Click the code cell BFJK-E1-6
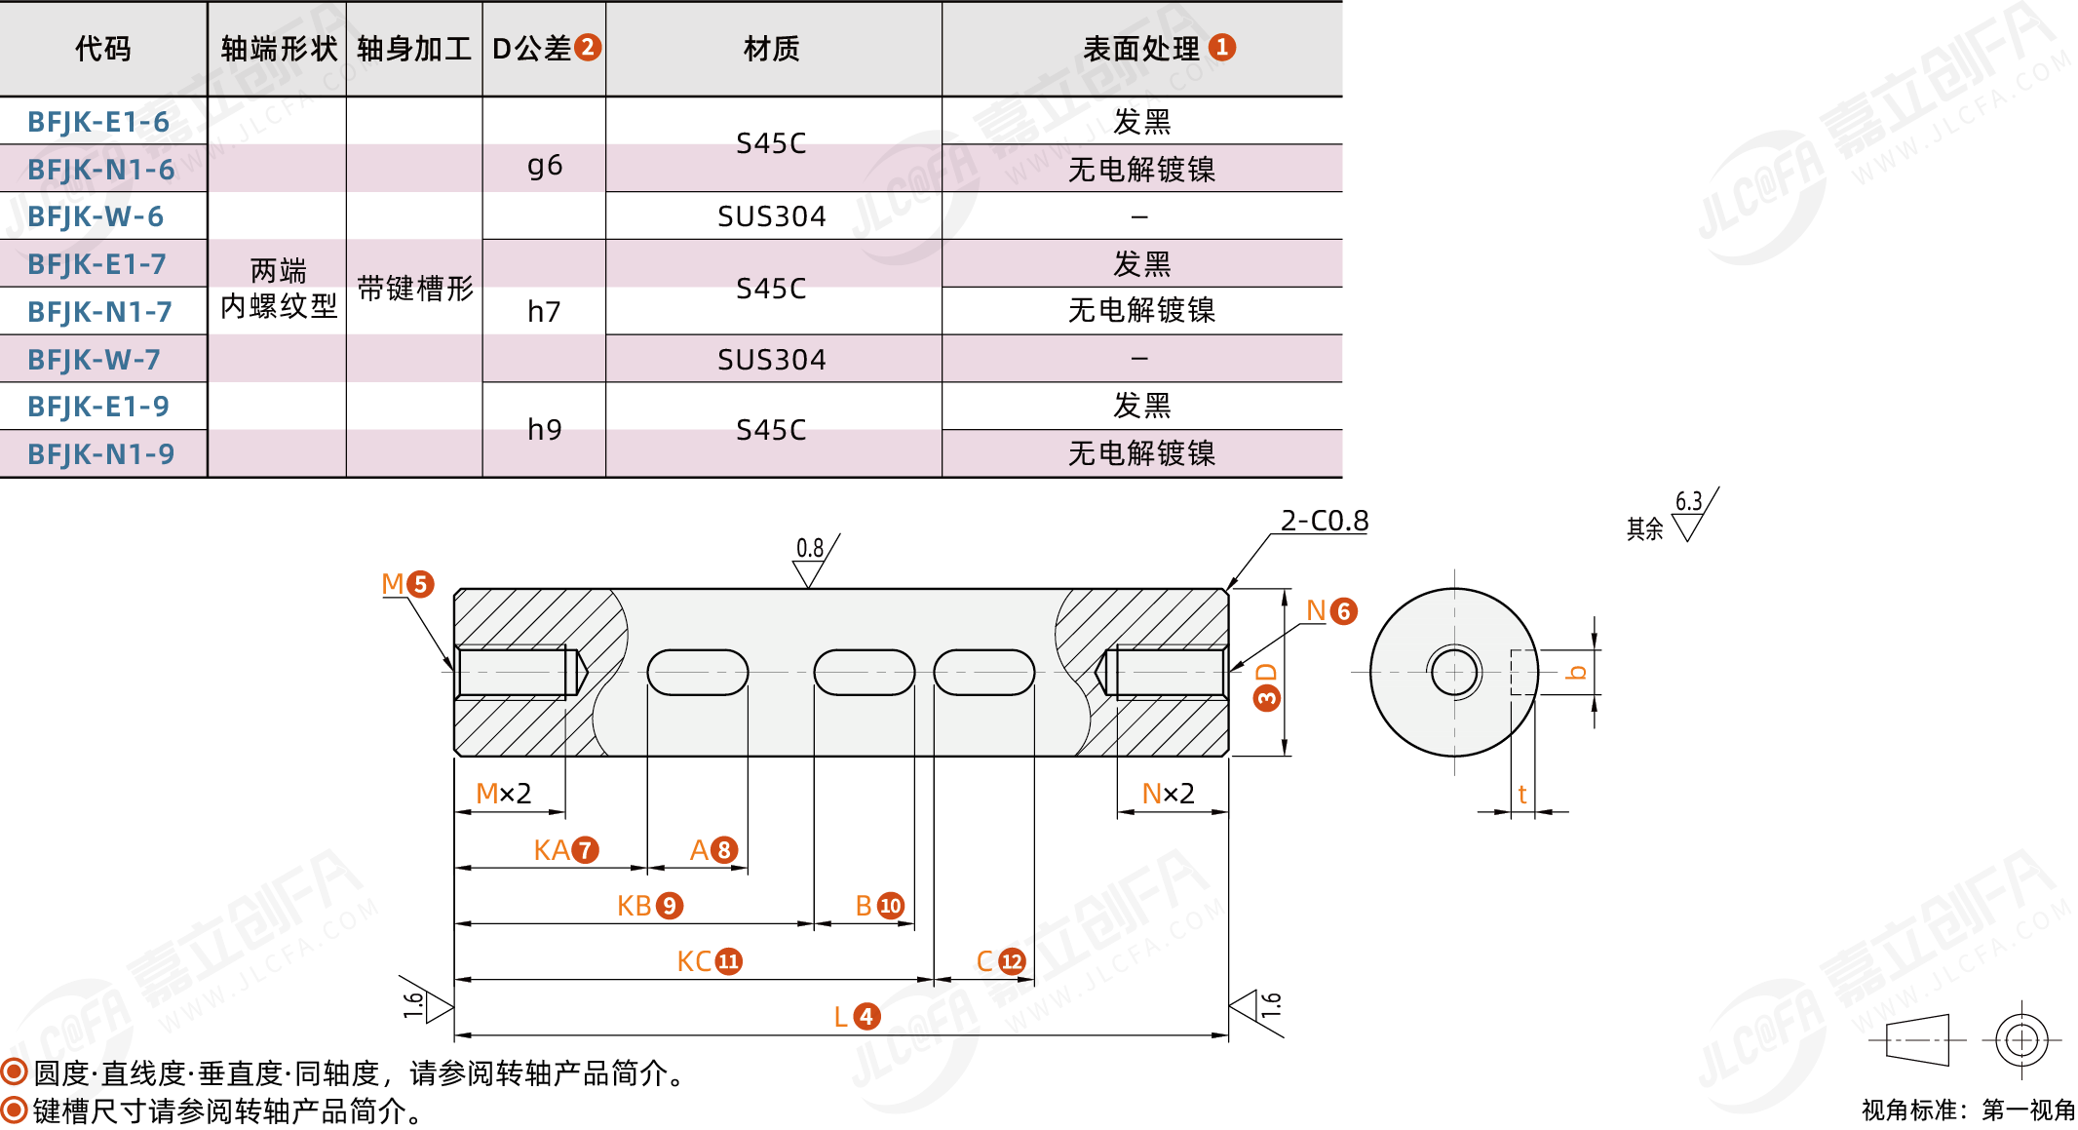tap(98, 122)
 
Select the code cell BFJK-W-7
tap(94, 360)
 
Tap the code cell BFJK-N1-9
tap(100, 454)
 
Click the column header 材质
tap(771, 49)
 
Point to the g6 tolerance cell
tap(544, 166)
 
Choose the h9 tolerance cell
tap(544, 430)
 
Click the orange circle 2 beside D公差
tap(588, 48)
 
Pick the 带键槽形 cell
tap(414, 289)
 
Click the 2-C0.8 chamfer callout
tap(1324, 521)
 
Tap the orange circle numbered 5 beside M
tap(420, 584)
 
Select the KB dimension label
tap(635, 906)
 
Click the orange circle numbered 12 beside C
tap(1012, 961)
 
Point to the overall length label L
tap(841, 1017)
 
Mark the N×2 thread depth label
tap(1168, 794)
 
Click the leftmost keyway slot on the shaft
tap(697, 673)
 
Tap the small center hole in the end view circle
tap(1454, 672)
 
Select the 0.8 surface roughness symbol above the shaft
tap(810, 561)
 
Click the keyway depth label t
tap(1522, 795)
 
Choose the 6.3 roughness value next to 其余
tap(1688, 501)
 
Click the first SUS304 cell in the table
tap(771, 216)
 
